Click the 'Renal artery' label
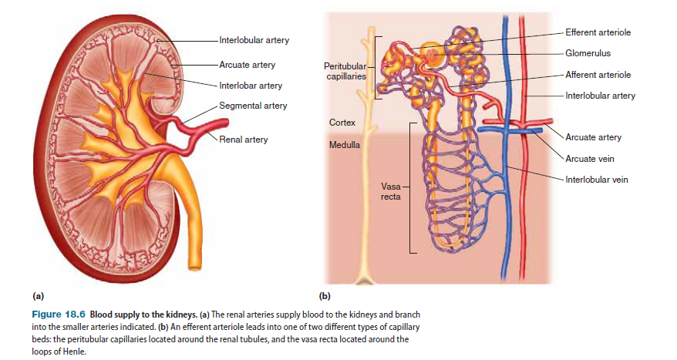[x=244, y=140]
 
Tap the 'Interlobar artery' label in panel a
[x=251, y=85]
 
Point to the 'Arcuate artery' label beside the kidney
[x=247, y=65]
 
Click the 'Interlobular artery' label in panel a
[x=254, y=39]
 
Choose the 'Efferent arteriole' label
[x=598, y=32]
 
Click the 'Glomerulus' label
[x=589, y=53]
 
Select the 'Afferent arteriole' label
[x=598, y=75]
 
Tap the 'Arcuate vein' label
[x=590, y=159]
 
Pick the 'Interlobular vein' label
[x=596, y=180]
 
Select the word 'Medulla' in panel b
[x=344, y=143]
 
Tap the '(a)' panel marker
[x=38, y=295]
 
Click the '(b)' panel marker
[x=325, y=295]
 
